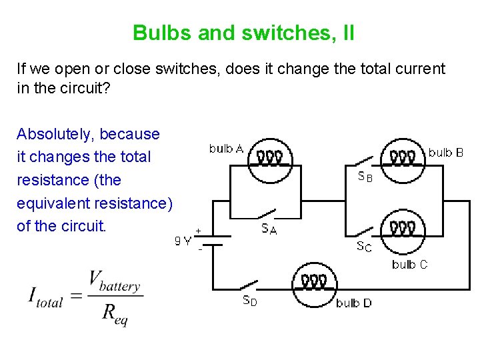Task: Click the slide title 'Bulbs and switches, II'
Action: click(243, 33)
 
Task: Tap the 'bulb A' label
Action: click(226, 149)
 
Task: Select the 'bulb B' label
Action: click(445, 153)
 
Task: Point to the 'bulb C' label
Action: click(409, 265)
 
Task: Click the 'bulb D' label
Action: click(353, 303)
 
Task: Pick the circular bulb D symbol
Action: click(313, 285)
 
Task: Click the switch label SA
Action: click(269, 229)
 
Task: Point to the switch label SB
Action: click(365, 177)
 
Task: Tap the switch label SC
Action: click(364, 247)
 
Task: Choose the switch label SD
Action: click(249, 301)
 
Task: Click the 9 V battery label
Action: click(183, 241)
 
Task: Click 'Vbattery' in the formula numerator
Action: click(115, 281)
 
